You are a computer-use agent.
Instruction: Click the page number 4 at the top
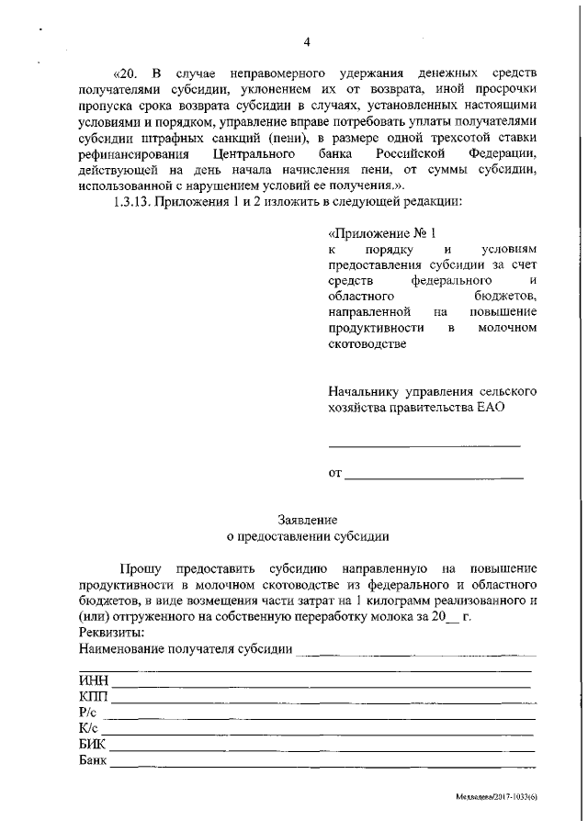308,41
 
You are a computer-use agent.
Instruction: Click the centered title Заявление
308,519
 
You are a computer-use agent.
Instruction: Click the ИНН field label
94,680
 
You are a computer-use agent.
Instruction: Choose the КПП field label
94,697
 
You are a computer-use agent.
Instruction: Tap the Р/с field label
89,713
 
